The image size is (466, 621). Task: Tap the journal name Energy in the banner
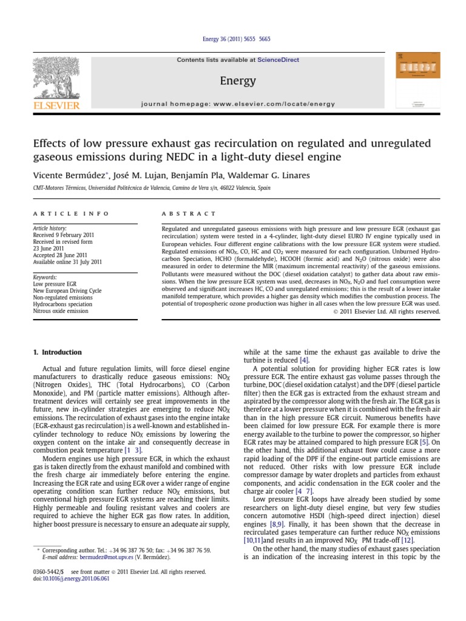[237, 81]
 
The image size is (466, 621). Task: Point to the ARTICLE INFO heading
[71, 213]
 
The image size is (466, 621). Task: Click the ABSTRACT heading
[189, 213]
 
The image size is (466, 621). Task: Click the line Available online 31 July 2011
[67, 261]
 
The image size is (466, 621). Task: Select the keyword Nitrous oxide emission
[60, 310]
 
